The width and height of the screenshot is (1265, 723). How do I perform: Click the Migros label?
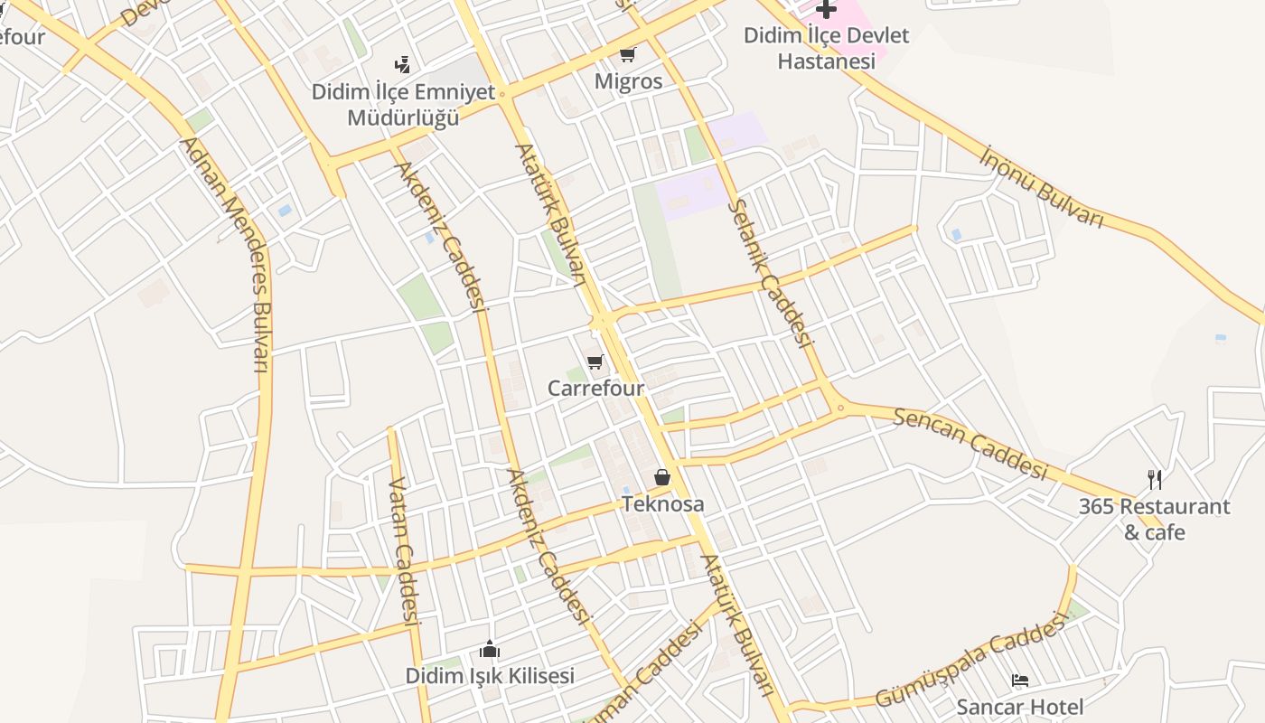point(628,81)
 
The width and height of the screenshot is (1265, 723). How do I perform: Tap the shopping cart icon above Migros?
point(627,54)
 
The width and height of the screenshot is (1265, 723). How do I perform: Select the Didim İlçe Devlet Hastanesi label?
point(826,49)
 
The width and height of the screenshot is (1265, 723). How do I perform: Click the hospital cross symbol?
point(826,9)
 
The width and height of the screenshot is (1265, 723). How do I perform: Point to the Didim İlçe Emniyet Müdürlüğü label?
point(403,105)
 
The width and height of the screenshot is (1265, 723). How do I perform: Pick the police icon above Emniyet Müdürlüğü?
point(403,64)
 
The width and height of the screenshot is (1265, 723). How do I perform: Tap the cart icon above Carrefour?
point(595,362)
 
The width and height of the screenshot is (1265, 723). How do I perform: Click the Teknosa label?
point(662,504)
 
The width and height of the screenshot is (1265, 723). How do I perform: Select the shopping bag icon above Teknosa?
point(662,477)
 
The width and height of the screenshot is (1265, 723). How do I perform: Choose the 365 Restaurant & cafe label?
point(1154,519)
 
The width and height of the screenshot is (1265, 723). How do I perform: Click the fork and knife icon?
point(1154,479)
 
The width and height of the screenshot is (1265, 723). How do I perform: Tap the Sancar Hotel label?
point(1019,707)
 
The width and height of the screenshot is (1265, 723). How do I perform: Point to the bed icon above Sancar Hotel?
point(1019,681)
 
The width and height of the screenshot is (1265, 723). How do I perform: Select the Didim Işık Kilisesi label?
point(489,676)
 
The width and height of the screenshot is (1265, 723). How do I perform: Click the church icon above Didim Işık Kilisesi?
point(490,649)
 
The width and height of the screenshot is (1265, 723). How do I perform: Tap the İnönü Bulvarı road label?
point(1043,186)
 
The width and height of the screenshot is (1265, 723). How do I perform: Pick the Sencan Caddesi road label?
point(970,443)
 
